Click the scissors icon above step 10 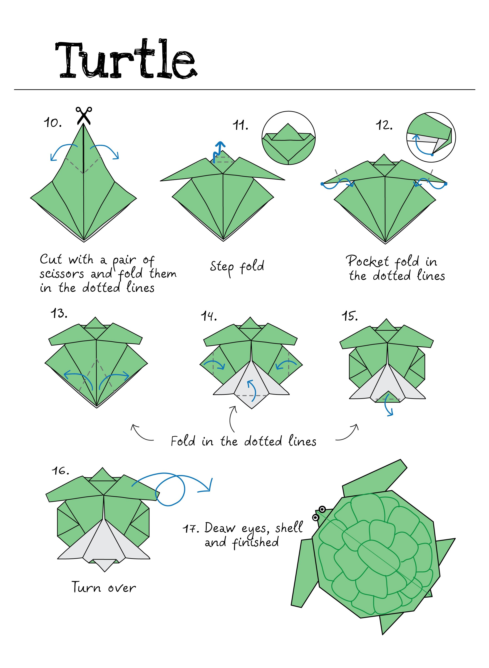point(84,115)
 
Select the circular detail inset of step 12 point(431,137)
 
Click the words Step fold point(237,267)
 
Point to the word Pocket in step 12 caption point(367,261)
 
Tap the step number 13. point(59,313)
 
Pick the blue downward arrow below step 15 point(388,408)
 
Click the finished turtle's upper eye point(322,509)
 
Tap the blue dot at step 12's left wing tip point(322,184)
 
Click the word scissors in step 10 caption point(62,274)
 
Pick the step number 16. point(60,471)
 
